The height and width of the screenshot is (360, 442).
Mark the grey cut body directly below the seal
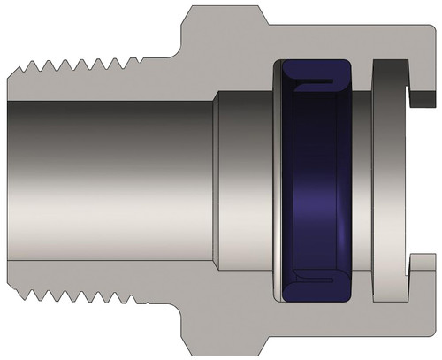click(309, 326)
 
